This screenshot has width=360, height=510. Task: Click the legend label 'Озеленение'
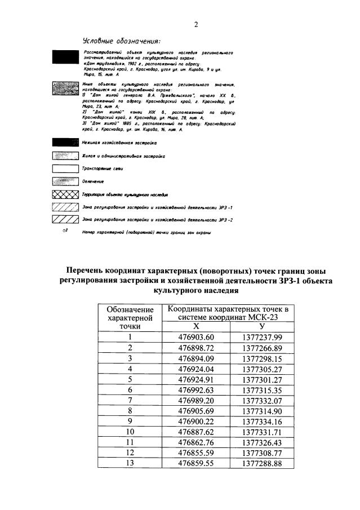click(x=93, y=181)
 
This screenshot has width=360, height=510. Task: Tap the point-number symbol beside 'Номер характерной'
click(x=65, y=231)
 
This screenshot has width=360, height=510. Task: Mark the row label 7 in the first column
click(x=130, y=400)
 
